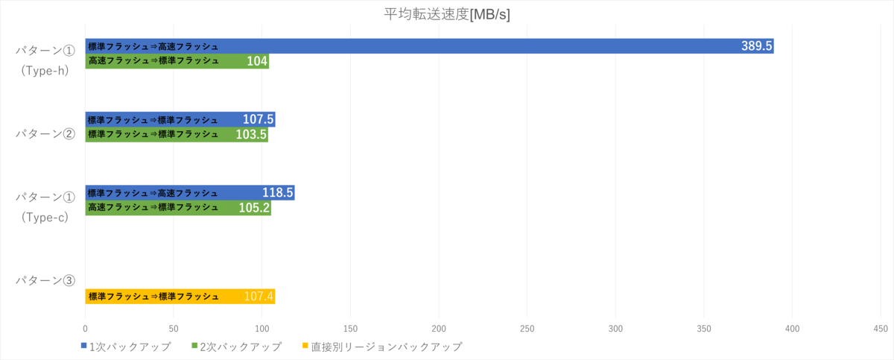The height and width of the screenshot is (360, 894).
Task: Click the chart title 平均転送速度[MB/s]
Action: coord(447,14)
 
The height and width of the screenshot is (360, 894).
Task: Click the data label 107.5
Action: coord(259,119)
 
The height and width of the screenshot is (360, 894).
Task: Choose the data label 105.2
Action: coord(254,208)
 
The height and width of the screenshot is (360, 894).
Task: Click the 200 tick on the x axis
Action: coord(439,329)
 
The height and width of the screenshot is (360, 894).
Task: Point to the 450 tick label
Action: coord(880,329)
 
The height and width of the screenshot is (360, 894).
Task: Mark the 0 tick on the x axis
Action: coord(86,329)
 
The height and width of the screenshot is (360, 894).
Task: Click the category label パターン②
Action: coord(45,134)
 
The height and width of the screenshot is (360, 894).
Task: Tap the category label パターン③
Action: coord(45,281)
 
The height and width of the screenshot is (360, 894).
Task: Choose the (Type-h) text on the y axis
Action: coord(45,72)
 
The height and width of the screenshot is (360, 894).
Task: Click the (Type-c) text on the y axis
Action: coord(45,218)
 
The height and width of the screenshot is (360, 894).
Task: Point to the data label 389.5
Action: coord(756,46)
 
